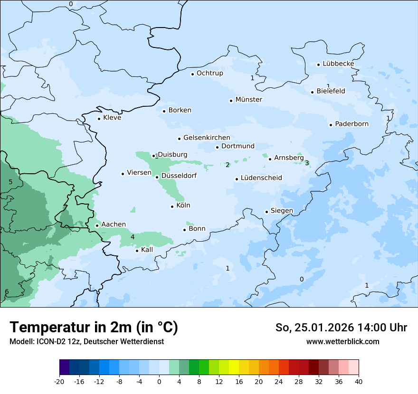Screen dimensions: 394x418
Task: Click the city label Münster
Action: [x=248, y=100]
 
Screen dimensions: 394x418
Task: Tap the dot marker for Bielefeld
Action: [x=313, y=92]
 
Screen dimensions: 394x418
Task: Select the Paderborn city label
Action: [x=351, y=124]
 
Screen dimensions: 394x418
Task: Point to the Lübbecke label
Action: [x=338, y=64]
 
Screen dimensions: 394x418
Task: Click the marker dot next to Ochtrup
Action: [x=192, y=74]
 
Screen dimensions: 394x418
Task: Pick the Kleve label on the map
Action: [x=112, y=118]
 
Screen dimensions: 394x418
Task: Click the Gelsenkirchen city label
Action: [x=207, y=138]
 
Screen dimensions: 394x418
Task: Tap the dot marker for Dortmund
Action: [x=217, y=147]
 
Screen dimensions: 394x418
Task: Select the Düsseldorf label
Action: [x=179, y=176]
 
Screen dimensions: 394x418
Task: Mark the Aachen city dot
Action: [x=97, y=225]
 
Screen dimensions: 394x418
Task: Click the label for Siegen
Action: [x=282, y=211]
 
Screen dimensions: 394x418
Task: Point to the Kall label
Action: [x=147, y=250]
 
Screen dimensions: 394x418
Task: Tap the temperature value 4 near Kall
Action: [x=133, y=237]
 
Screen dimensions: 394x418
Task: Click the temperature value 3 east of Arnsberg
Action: [x=307, y=163]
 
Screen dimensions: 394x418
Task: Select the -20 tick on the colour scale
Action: [x=59, y=381]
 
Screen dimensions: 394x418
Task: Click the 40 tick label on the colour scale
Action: [x=359, y=381]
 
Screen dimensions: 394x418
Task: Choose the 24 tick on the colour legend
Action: [x=279, y=381]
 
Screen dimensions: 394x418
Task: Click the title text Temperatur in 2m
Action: [x=94, y=328]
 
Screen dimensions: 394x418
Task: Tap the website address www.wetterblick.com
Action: [x=342, y=342]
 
